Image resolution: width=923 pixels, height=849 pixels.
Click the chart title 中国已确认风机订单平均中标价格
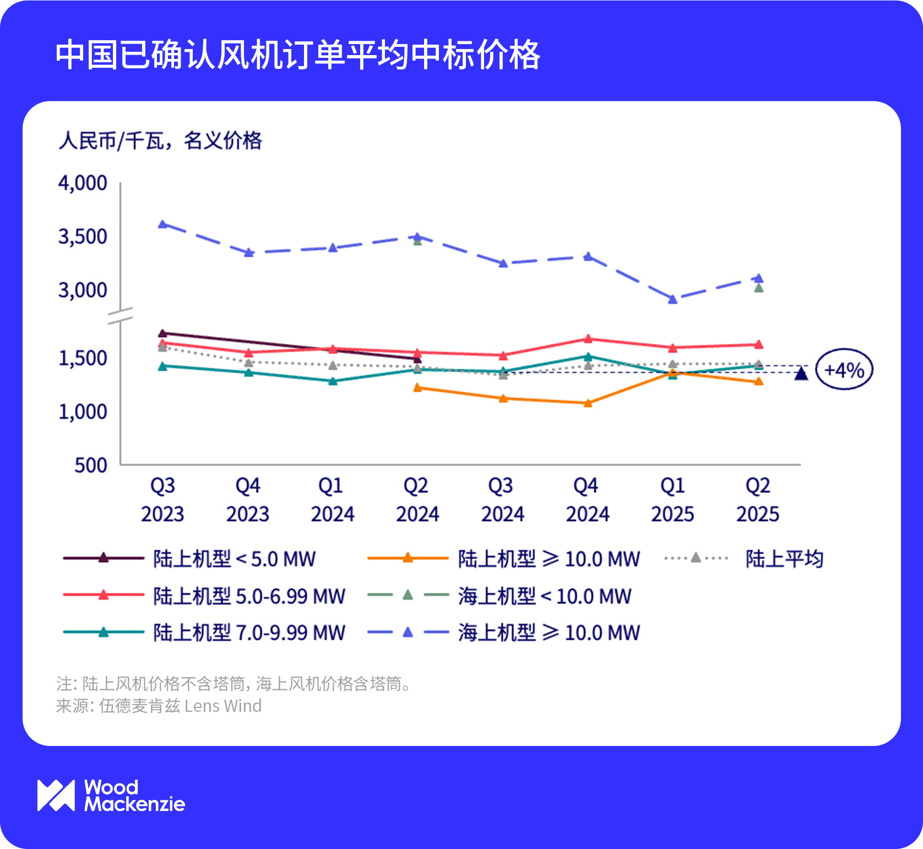click(x=297, y=55)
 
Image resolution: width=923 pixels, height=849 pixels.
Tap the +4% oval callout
click(x=844, y=370)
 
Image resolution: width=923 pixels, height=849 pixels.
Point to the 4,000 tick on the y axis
click(x=83, y=183)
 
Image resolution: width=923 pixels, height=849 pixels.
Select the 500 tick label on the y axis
click(x=91, y=466)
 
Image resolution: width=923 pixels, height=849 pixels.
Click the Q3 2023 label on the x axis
click(x=162, y=500)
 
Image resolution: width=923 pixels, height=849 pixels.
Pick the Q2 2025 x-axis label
click(x=758, y=500)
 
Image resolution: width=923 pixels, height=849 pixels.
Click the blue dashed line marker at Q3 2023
click(x=163, y=224)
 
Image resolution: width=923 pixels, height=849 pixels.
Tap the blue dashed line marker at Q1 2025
click(x=672, y=299)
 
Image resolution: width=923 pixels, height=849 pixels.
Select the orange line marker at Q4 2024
click(x=588, y=403)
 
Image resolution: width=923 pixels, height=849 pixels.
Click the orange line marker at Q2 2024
click(x=417, y=388)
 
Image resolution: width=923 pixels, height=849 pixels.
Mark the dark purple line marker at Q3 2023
click(x=162, y=333)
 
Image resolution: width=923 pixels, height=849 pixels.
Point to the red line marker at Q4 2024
click(x=588, y=339)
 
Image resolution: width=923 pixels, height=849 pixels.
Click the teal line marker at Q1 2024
click(x=333, y=381)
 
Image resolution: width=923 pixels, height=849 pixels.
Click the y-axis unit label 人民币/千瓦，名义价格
click(x=160, y=141)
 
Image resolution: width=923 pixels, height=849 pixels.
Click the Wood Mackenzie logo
click(x=111, y=796)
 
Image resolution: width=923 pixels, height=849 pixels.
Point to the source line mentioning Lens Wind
click(x=159, y=706)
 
